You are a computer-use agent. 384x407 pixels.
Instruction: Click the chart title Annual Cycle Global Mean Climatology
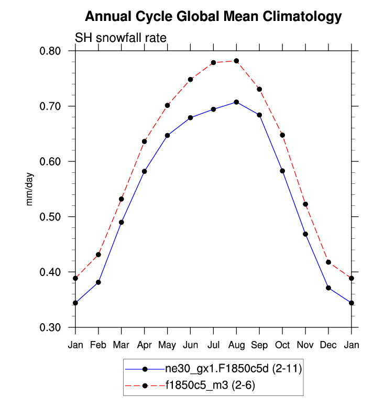[x=213, y=17]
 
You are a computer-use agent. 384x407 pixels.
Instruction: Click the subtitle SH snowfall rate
[x=121, y=38]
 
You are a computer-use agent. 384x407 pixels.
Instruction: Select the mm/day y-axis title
[x=30, y=189]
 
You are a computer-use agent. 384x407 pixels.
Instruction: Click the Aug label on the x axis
[x=236, y=346]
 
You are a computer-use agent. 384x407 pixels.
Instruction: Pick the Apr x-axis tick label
[x=144, y=346]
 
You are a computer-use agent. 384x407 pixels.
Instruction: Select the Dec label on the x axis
[x=328, y=346]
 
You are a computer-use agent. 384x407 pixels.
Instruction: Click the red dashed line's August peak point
[x=236, y=61]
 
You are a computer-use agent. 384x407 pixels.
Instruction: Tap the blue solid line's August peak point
[x=236, y=102]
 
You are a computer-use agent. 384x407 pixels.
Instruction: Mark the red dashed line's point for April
[x=144, y=141]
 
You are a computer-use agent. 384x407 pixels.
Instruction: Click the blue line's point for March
[x=122, y=222]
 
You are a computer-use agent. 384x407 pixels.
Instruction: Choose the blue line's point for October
[x=282, y=171]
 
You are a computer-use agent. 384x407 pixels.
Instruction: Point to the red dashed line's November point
[x=305, y=204]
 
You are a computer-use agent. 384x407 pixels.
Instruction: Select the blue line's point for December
[x=328, y=288]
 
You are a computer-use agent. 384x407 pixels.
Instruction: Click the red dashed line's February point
[x=98, y=255]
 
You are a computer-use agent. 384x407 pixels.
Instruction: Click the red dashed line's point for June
[x=190, y=80]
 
